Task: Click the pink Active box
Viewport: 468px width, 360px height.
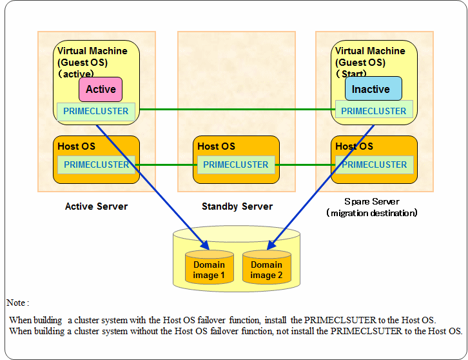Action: (101, 89)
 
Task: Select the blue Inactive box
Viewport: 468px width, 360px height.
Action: (373, 88)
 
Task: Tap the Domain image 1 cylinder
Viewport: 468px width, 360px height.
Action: (210, 267)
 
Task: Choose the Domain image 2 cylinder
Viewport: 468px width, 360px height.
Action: (266, 267)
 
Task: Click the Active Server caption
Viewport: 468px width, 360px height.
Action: (97, 206)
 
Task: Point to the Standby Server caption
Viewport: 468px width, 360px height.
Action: (237, 206)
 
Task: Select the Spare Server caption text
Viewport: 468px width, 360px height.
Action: (372, 202)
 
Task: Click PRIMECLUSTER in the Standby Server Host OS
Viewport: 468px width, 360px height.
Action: (236, 165)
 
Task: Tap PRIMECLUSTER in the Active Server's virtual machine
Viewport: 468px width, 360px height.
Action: (96, 111)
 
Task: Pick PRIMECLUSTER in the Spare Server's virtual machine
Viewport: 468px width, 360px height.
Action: (374, 111)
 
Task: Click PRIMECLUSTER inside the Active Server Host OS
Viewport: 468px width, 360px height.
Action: (97, 165)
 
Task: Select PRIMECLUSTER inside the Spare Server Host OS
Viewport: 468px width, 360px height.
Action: (375, 165)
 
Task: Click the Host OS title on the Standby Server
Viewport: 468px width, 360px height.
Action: (217, 146)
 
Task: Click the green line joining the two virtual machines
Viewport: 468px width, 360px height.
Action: (237, 109)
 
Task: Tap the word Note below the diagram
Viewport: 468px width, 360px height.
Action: (16, 303)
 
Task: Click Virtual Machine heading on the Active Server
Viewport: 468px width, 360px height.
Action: (92, 51)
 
